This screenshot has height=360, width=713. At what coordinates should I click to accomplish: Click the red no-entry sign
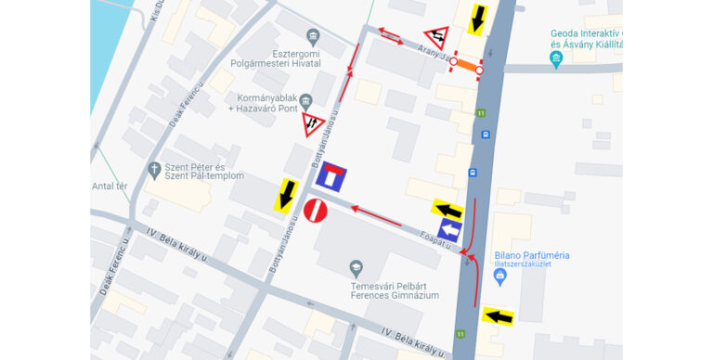pyautogui.click(x=316, y=212)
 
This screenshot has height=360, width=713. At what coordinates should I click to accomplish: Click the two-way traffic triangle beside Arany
pyautogui.click(x=436, y=38)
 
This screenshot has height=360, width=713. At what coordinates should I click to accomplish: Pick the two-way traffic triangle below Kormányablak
pyautogui.click(x=313, y=124)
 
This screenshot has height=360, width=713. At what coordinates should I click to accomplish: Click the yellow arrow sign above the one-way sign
pyautogui.click(x=447, y=210)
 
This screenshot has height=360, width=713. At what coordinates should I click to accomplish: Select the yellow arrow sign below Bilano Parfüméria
pyautogui.click(x=498, y=316)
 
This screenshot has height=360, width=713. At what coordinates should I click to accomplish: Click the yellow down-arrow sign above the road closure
pyautogui.click(x=478, y=17)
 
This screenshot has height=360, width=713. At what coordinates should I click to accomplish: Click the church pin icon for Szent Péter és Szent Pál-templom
pyautogui.click(x=154, y=170)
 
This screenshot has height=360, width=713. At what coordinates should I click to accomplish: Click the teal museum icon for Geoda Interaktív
pyautogui.click(x=556, y=60)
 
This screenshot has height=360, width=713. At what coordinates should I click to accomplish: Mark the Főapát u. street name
pyautogui.click(x=434, y=238)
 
